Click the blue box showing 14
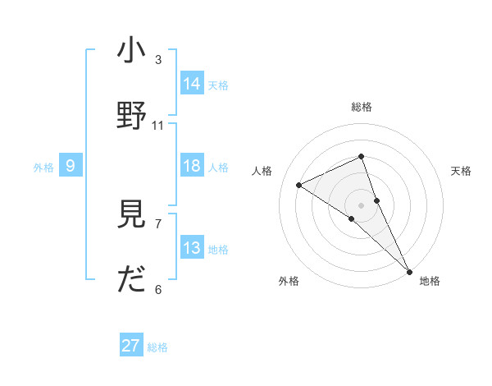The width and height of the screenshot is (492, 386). [x=192, y=83]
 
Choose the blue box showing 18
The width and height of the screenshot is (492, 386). [x=192, y=166]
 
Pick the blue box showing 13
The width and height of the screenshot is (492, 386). [x=192, y=248]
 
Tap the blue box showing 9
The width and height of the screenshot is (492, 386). [x=71, y=166]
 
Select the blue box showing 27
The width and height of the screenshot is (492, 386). [x=131, y=346]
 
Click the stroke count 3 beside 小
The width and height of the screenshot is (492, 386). [x=158, y=59]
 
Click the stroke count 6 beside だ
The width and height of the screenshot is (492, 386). [x=158, y=289]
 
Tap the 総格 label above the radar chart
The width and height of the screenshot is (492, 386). [x=361, y=107]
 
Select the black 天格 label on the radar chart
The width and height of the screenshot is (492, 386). [x=461, y=171]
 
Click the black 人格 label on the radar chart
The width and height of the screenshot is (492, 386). [x=262, y=171]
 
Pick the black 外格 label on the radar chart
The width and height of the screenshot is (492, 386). [x=289, y=282]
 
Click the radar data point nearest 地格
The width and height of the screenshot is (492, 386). [x=409, y=270]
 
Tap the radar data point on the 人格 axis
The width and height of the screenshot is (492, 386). [x=299, y=185]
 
